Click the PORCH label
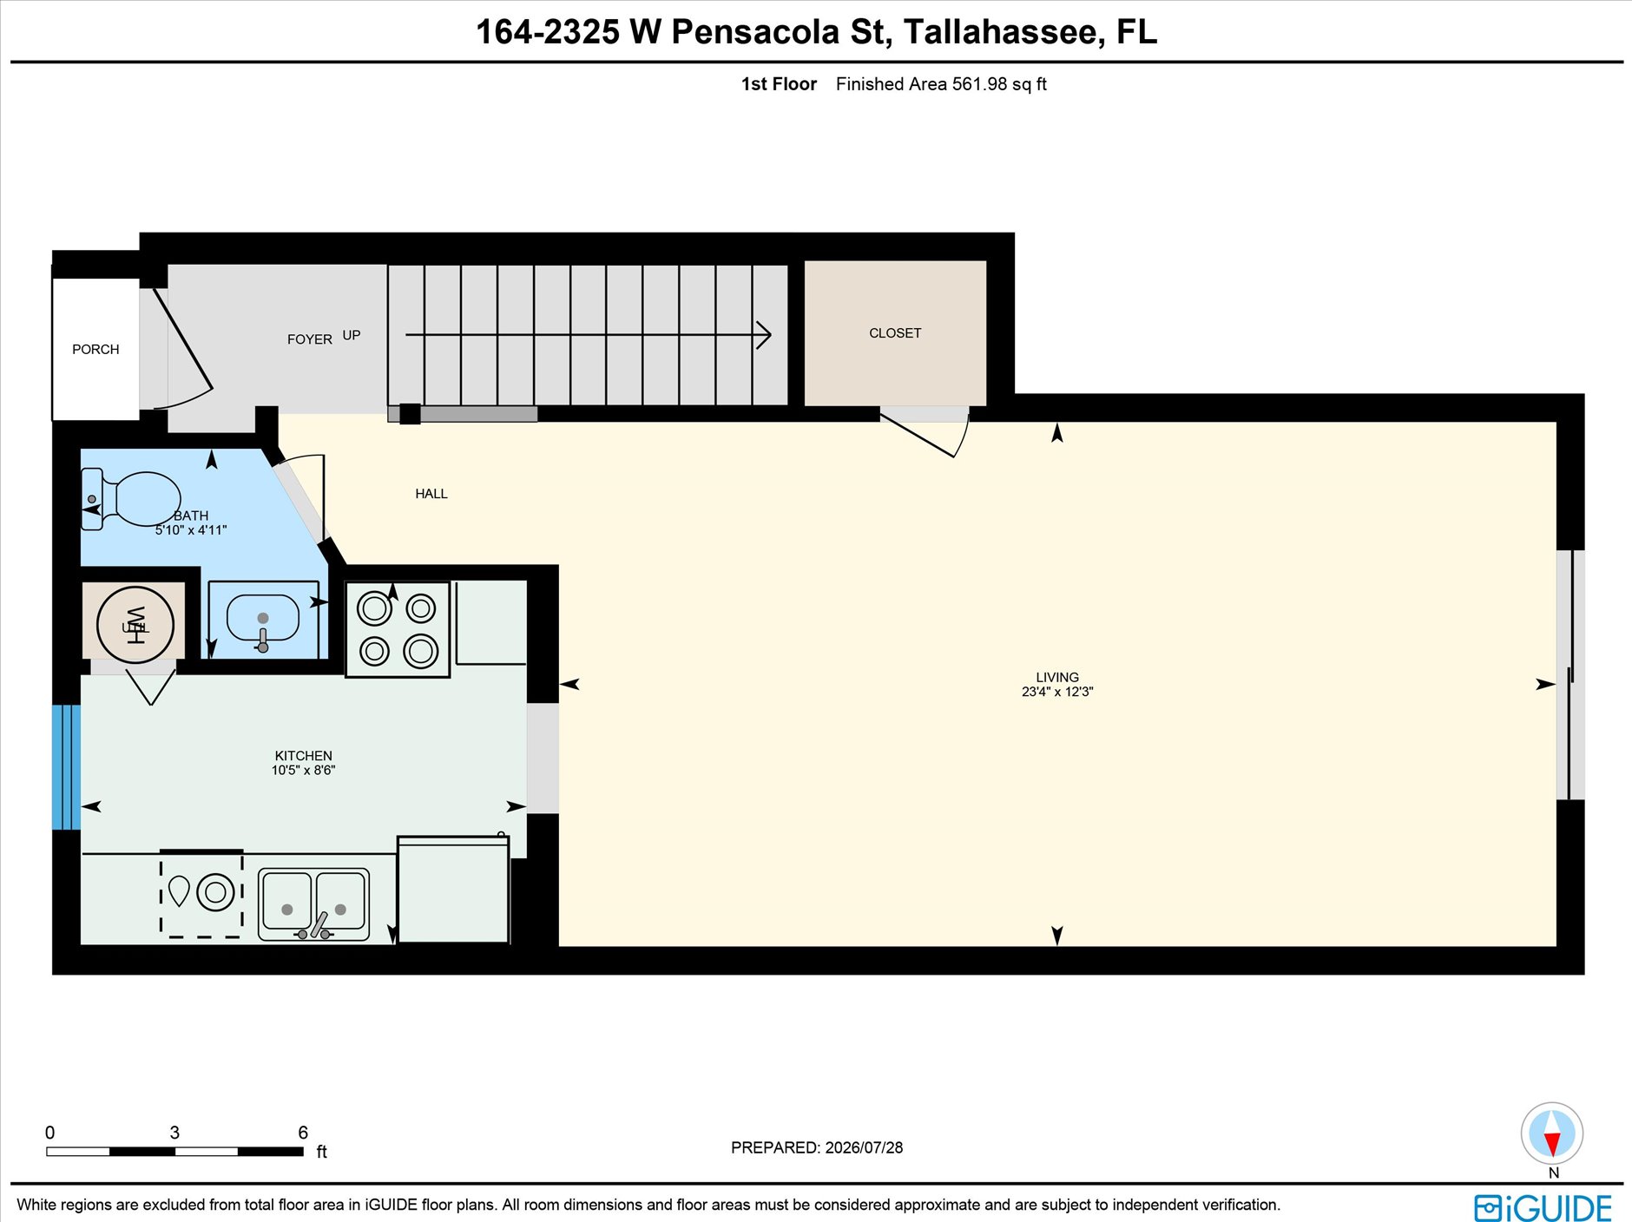pos(95,349)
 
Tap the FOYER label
pos(309,339)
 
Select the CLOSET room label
pos(895,333)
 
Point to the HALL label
pos(431,494)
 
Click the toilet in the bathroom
pos(130,499)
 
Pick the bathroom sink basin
pos(262,618)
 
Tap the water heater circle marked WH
pos(135,625)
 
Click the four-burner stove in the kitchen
pos(398,629)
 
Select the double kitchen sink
pos(313,905)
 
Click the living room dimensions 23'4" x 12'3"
pos(1057,692)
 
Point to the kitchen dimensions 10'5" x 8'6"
pos(303,770)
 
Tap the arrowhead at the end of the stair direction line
pos(764,335)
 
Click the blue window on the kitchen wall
pos(66,767)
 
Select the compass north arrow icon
pos(1552,1133)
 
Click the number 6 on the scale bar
pos(303,1133)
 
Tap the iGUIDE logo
pos(1543,1207)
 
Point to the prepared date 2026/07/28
pos(864,1147)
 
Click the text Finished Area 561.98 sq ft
pos(941,84)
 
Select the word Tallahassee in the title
pos(1004,32)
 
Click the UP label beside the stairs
pos(351,335)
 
